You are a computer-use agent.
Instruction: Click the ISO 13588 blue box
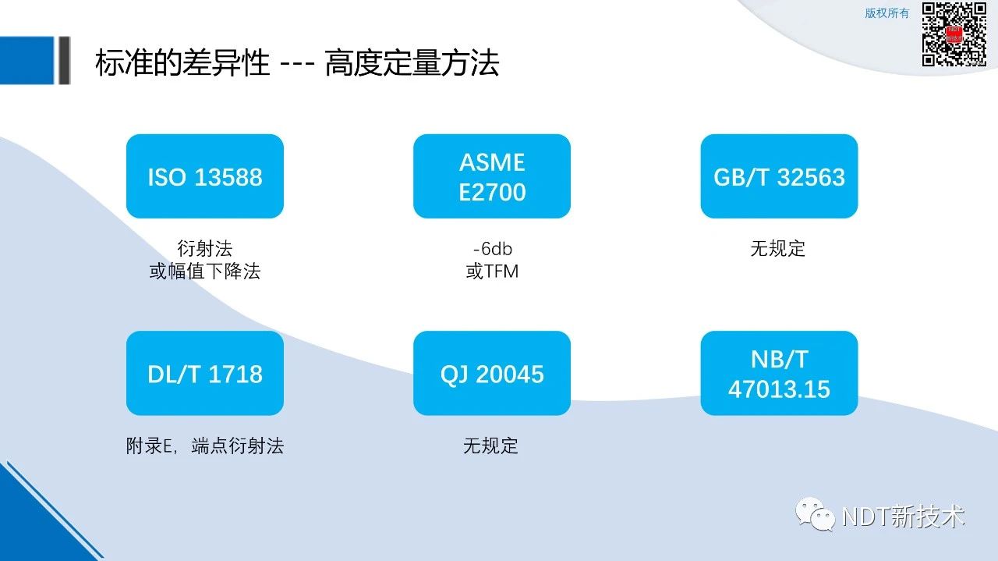(205, 176)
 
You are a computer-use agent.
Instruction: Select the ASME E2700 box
(492, 176)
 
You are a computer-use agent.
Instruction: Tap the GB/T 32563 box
(779, 176)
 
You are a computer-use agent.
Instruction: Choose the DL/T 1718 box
(205, 373)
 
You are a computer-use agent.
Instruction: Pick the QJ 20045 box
(492, 373)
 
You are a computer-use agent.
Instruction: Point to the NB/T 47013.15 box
(779, 373)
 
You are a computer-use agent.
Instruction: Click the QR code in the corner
(954, 34)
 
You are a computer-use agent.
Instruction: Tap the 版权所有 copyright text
(887, 13)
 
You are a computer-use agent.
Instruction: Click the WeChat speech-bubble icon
(815, 514)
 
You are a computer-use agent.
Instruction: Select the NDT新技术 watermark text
(903, 516)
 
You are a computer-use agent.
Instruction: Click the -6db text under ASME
(492, 248)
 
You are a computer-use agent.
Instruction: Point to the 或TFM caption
(492, 271)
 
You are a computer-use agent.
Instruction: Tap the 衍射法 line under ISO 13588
(205, 248)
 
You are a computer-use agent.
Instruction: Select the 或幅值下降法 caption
(205, 271)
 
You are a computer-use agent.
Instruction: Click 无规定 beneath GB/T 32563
(778, 248)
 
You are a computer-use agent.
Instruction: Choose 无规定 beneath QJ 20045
(490, 446)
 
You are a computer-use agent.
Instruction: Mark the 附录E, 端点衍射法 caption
(205, 446)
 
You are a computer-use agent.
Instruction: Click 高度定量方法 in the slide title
(412, 63)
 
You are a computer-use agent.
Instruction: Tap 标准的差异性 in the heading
(182, 63)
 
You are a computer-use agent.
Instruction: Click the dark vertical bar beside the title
(65, 60)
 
